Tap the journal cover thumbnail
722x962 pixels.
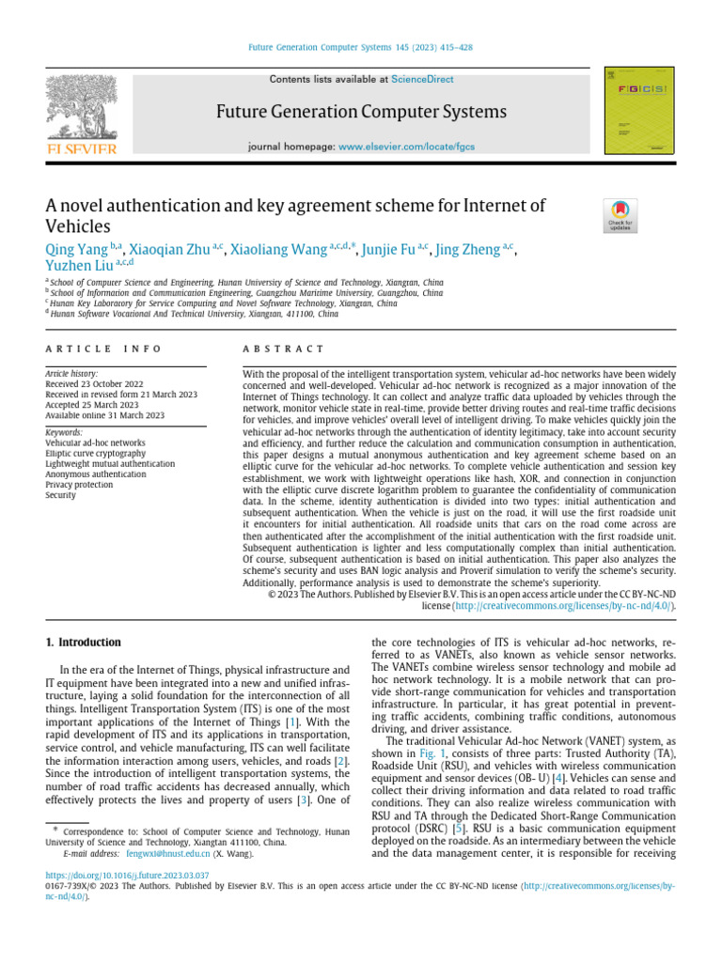coord(639,110)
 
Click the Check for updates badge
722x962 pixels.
coord(620,215)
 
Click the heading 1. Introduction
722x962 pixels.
coord(84,642)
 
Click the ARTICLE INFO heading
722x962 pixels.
coord(103,349)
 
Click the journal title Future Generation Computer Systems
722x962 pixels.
coord(361,113)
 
